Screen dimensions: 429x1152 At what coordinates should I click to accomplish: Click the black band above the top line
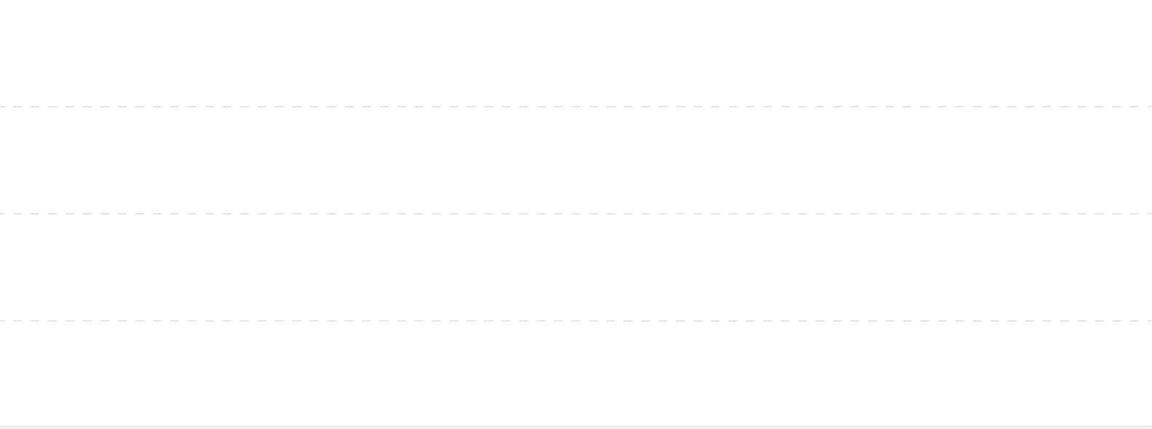[x=576, y=51]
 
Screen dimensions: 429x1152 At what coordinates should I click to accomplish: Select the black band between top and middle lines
[x=576, y=160]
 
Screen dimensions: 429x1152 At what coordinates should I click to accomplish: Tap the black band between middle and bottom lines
[x=576, y=267]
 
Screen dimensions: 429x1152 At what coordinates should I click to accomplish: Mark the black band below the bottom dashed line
[x=576, y=372]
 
